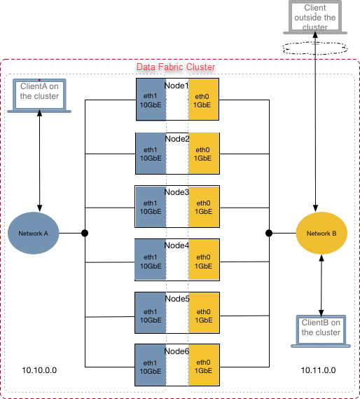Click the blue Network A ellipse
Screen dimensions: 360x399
click(x=34, y=233)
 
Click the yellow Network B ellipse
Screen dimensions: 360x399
click(x=321, y=233)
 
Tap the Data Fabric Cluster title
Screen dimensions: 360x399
click(x=176, y=67)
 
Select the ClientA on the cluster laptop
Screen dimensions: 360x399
click(x=39, y=95)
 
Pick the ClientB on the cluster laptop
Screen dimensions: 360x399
click(x=321, y=331)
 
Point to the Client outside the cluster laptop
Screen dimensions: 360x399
click(x=315, y=17)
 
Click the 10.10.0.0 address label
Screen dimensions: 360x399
click(x=39, y=370)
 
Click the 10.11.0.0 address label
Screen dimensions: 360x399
click(x=318, y=370)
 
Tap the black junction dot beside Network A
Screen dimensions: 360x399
click(x=85, y=233)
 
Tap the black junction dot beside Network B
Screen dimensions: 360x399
click(x=269, y=233)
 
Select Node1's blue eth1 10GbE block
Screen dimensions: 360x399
click(x=151, y=100)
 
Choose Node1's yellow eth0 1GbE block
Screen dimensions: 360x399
click(x=203, y=100)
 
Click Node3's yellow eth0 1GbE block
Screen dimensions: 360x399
click(x=204, y=207)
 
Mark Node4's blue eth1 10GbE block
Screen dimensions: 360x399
click(x=151, y=259)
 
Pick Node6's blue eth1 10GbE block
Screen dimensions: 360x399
click(x=151, y=365)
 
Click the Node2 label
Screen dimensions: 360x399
click(x=177, y=139)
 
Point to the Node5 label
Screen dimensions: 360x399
click(x=177, y=299)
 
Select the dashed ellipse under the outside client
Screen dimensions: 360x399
click(x=315, y=48)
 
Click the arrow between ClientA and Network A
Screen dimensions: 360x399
click(x=39, y=161)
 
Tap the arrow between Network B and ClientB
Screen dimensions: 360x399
click(x=321, y=285)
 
